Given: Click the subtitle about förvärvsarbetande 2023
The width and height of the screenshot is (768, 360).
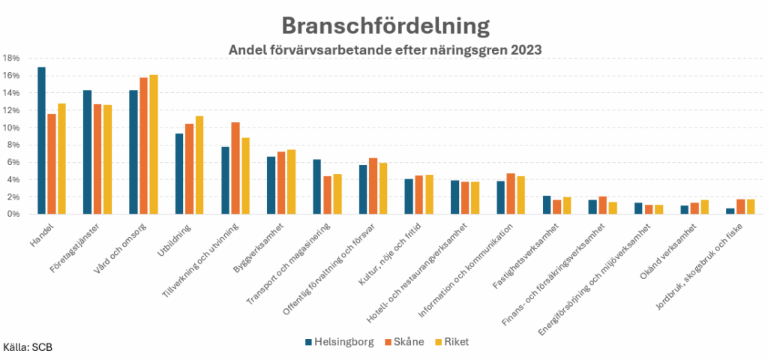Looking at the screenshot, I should click(x=385, y=49).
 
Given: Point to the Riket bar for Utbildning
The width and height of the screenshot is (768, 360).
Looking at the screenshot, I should click(x=199, y=165).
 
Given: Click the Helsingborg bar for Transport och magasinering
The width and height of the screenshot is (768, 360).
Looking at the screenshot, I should click(x=317, y=187).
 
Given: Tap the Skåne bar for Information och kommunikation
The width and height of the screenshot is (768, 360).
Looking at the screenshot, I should click(x=511, y=193).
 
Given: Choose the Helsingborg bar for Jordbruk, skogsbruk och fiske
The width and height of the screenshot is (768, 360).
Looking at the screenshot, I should click(x=730, y=211).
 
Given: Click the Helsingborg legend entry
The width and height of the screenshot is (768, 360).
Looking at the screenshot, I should click(x=337, y=342).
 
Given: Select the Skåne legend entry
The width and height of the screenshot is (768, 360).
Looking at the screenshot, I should click(x=405, y=342).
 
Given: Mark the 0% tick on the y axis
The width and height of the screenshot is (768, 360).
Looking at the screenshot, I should click(x=13, y=214).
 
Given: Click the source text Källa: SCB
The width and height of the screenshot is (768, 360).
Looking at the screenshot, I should click(x=28, y=348).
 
